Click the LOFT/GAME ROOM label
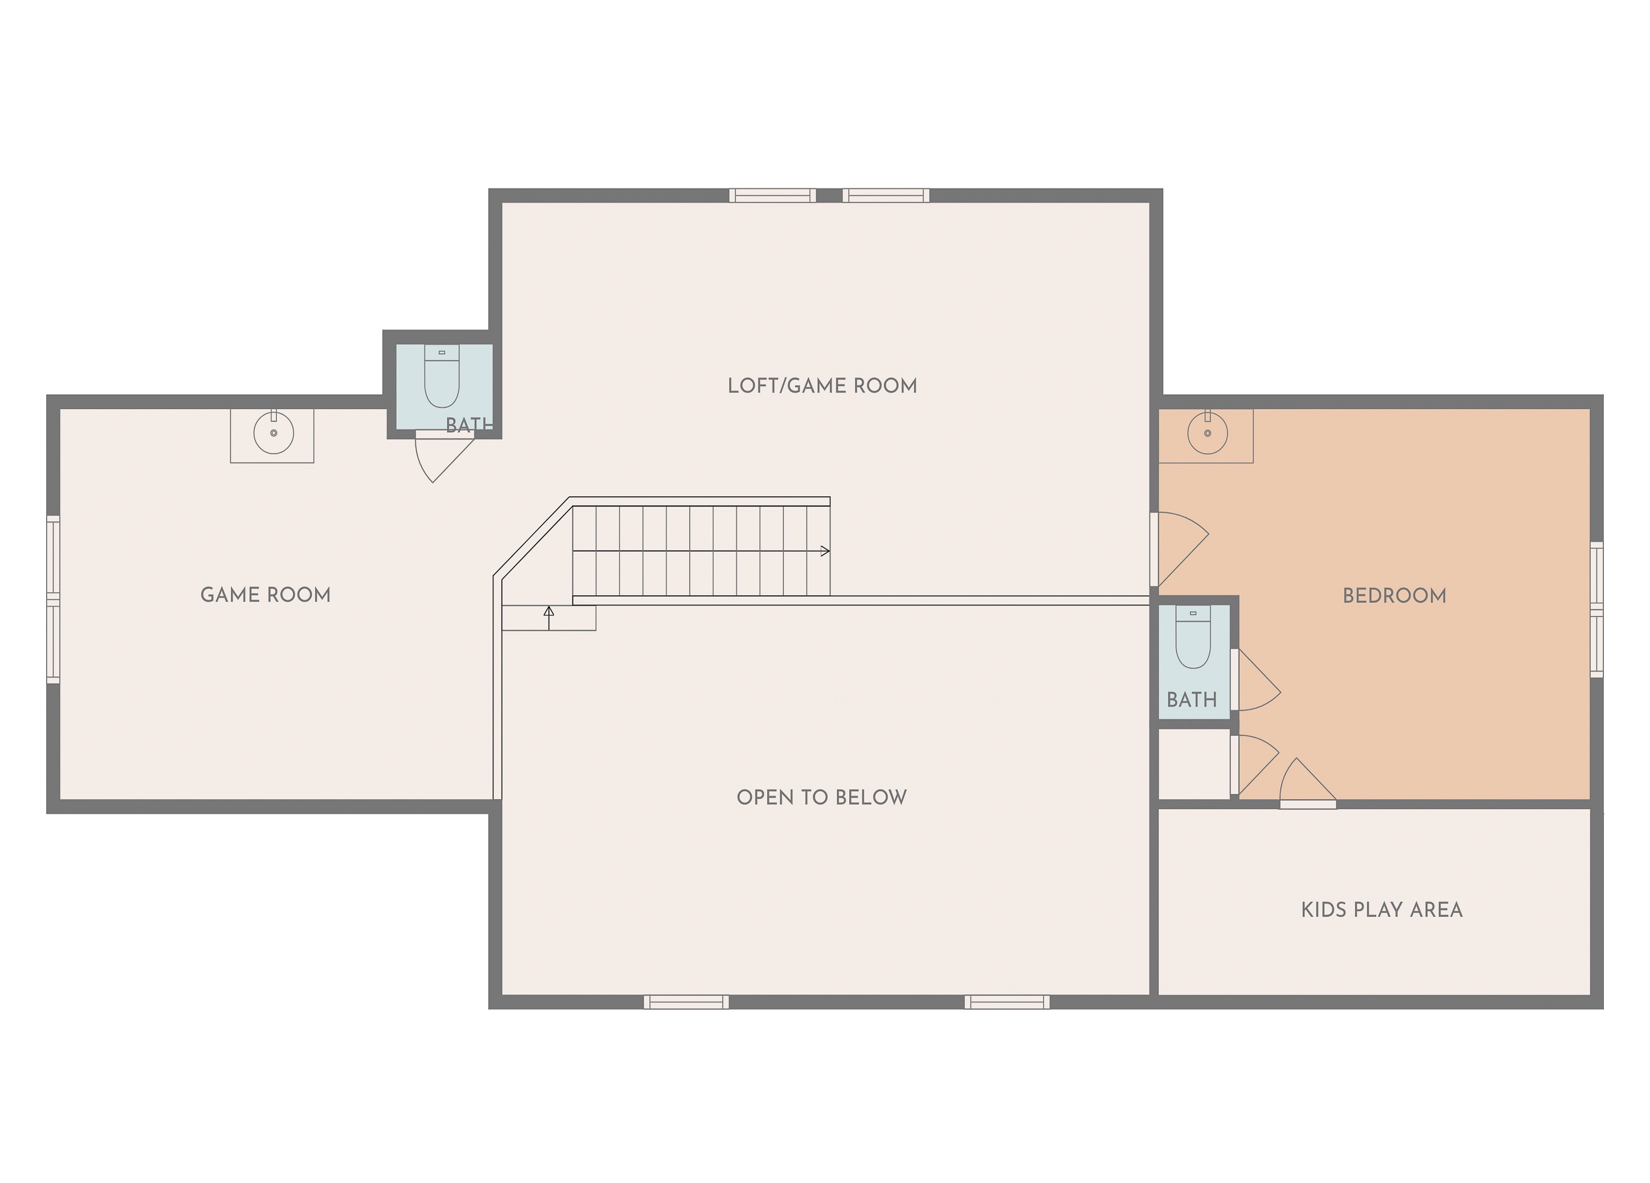pos(822,386)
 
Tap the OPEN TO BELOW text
pos(821,797)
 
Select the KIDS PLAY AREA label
pos(1382,910)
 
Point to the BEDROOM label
pos(1394,596)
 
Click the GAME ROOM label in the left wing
pos(266,595)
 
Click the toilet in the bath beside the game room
pos(442,376)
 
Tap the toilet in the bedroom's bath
pos(1193,637)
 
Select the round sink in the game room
pos(273,433)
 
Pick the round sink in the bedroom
pos(1208,433)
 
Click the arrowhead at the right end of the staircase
pos(825,551)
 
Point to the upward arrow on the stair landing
pos(548,618)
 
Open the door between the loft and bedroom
pos(1180,549)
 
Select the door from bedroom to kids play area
pos(1307,783)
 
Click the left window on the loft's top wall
pos(773,196)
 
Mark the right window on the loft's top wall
pos(886,196)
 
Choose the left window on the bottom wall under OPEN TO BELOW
pos(686,1003)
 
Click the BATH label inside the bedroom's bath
pos(1192,700)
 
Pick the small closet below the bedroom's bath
pos(1194,763)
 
